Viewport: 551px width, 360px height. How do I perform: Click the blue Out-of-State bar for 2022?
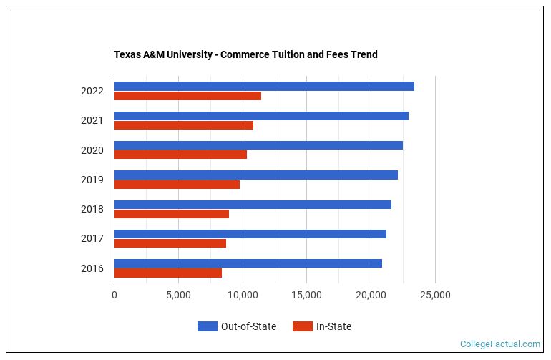click(x=263, y=87)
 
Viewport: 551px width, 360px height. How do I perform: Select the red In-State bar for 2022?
click(x=187, y=96)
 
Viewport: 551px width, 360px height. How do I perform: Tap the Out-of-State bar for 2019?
click(x=255, y=175)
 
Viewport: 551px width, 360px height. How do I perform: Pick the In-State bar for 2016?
click(x=167, y=273)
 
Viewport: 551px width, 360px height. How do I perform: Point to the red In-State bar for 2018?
click(x=171, y=214)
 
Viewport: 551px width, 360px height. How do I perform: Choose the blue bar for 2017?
click(x=250, y=234)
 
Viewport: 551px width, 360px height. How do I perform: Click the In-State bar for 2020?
click(x=180, y=155)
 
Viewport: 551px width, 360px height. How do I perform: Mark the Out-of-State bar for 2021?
click(x=260, y=116)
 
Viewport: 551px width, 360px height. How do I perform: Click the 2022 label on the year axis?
click(x=92, y=92)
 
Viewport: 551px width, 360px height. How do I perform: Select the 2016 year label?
click(x=92, y=268)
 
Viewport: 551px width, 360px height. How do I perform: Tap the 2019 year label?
click(x=92, y=180)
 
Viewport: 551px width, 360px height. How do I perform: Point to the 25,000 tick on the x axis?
click(x=435, y=296)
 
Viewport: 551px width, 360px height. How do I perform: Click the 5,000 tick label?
click(x=178, y=296)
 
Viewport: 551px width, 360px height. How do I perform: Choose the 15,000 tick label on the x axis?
click(x=306, y=296)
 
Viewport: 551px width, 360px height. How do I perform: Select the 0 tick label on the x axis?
click(x=114, y=296)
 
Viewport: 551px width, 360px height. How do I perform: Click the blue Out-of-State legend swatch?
click(x=207, y=327)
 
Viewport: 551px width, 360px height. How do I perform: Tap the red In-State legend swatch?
click(x=303, y=327)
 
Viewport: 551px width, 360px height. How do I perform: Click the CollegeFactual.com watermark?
click(x=500, y=344)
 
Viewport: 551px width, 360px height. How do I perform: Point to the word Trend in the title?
click(x=363, y=54)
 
